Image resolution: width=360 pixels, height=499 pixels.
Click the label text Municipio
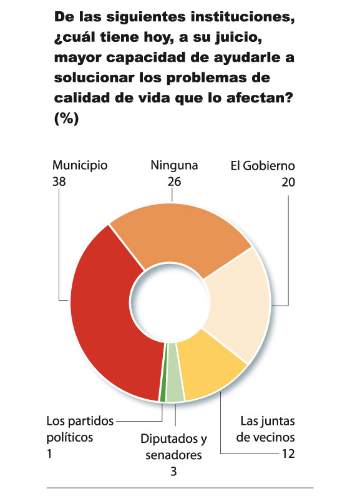click(80, 166)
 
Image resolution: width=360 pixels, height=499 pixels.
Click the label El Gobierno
click(262, 166)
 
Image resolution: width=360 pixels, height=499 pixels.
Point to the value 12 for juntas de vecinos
click(287, 453)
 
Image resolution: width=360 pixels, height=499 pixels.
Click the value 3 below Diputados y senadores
click(173, 471)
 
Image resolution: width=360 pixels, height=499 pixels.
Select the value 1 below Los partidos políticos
click(50, 453)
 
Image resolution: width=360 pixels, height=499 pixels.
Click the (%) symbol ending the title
click(66, 119)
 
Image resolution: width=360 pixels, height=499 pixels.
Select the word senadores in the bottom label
click(174, 455)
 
